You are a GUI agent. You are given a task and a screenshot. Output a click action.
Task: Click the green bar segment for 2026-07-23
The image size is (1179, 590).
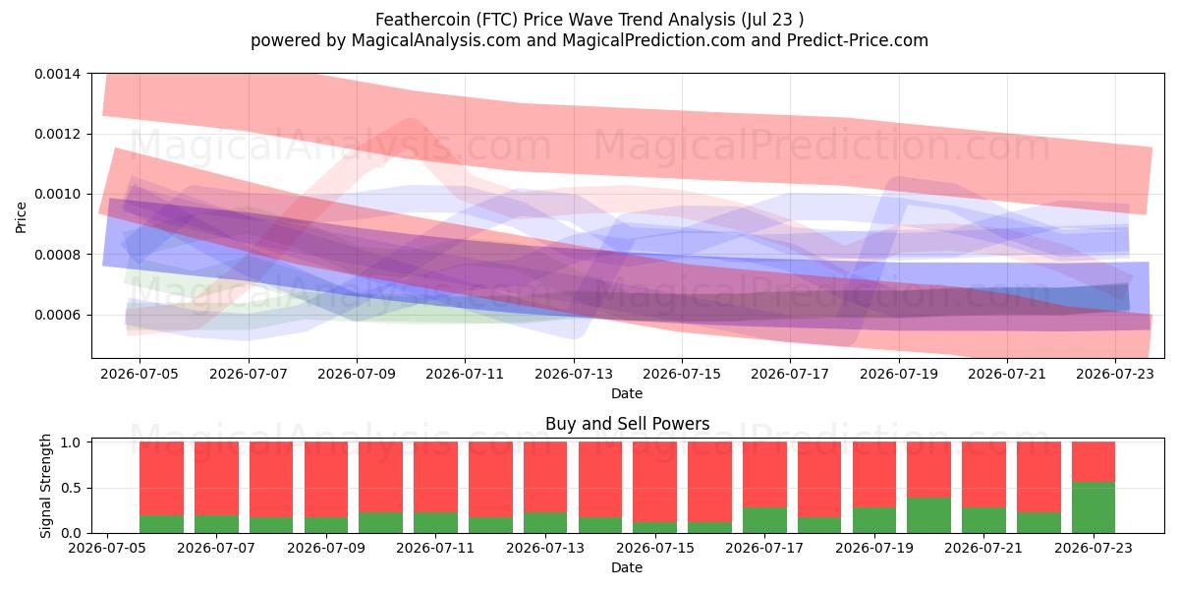[1094, 507]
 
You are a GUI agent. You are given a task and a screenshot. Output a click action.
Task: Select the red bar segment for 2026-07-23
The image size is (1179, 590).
[1094, 462]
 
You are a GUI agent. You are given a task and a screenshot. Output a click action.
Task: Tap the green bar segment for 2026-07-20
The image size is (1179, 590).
[929, 515]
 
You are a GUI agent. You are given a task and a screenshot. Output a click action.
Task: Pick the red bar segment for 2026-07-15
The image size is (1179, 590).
[655, 482]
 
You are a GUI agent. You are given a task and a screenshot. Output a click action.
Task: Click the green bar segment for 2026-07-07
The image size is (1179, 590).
[216, 524]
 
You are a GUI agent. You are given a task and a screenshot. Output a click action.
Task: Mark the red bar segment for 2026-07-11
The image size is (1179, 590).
[436, 477]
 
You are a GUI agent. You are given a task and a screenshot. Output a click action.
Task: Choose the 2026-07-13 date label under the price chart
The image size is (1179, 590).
[574, 374]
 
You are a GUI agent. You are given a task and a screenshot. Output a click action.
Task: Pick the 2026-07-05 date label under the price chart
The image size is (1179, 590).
[140, 374]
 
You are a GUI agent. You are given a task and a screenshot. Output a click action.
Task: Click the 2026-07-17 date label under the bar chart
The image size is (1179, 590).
[764, 549]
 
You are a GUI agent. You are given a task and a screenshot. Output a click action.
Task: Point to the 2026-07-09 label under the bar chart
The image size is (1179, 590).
[326, 549]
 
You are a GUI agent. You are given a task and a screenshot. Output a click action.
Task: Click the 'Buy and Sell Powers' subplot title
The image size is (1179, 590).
[627, 424]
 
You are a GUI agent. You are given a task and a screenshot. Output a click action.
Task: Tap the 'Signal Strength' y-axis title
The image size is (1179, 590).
[46, 486]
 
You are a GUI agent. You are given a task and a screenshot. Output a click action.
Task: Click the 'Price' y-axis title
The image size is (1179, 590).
[21, 217]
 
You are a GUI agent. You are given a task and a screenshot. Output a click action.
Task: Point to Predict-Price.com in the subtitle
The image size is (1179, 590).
[858, 40]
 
